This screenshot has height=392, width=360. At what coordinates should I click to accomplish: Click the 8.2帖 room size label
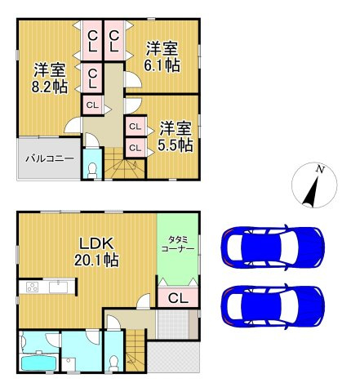(50, 87)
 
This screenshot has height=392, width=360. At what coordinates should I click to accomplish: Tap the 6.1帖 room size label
(162, 65)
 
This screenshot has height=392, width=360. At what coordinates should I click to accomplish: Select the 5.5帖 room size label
(176, 145)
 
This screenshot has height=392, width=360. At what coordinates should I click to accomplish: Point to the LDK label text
(96, 243)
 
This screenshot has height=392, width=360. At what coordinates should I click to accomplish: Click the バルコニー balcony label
(50, 158)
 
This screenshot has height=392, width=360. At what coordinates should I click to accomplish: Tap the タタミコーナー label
(178, 244)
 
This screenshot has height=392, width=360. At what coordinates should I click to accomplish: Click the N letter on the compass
(320, 169)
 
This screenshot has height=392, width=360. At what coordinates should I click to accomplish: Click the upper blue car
(273, 247)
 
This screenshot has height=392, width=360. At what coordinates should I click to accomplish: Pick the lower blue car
(273, 306)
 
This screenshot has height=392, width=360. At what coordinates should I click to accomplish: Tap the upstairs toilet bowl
(92, 169)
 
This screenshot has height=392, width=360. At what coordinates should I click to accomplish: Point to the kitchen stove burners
(33, 287)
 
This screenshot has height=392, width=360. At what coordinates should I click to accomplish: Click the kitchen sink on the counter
(59, 287)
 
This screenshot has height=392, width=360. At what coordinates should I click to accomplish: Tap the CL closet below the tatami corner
(178, 297)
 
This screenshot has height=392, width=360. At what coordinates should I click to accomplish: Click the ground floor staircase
(136, 350)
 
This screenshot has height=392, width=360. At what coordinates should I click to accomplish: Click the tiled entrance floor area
(173, 324)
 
